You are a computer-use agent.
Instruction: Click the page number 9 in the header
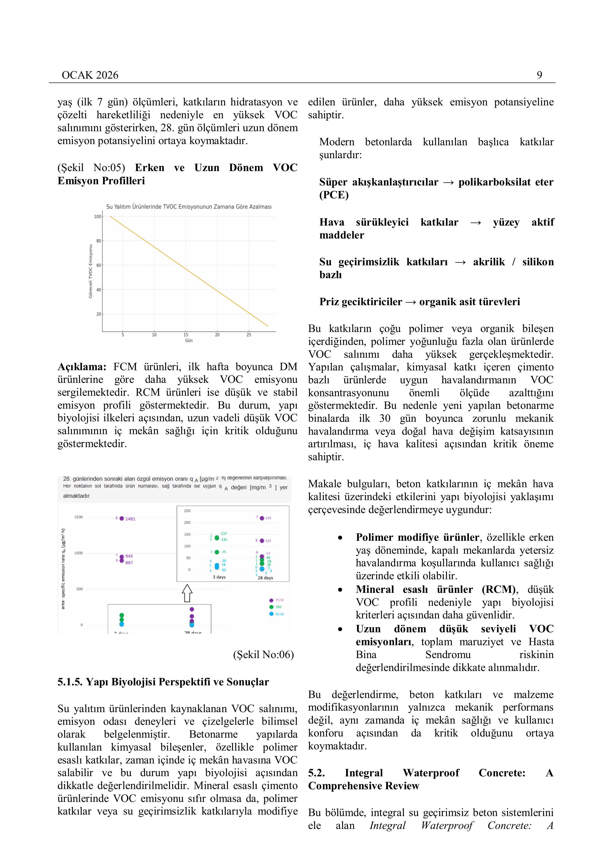[539, 75]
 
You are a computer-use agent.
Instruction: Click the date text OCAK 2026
[90, 75]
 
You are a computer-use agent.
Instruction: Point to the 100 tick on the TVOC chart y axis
[97, 216]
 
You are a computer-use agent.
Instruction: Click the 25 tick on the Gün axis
[249, 335]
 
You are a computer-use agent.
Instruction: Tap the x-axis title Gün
[189, 340]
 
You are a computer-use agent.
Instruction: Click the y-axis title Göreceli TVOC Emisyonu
[90, 271]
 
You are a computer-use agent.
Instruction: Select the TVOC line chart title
[189, 207]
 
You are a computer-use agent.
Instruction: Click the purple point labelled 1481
[122, 518]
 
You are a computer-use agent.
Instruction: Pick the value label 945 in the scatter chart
[129, 556]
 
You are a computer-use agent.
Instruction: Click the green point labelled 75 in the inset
[217, 552]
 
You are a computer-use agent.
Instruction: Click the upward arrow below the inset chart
[187, 593]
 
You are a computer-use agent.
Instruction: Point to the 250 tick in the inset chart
[187, 511]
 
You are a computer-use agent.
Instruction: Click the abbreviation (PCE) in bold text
[334, 195]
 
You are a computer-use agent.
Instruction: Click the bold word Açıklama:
[82, 367]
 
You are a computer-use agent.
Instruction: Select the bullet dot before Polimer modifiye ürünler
[340, 538]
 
